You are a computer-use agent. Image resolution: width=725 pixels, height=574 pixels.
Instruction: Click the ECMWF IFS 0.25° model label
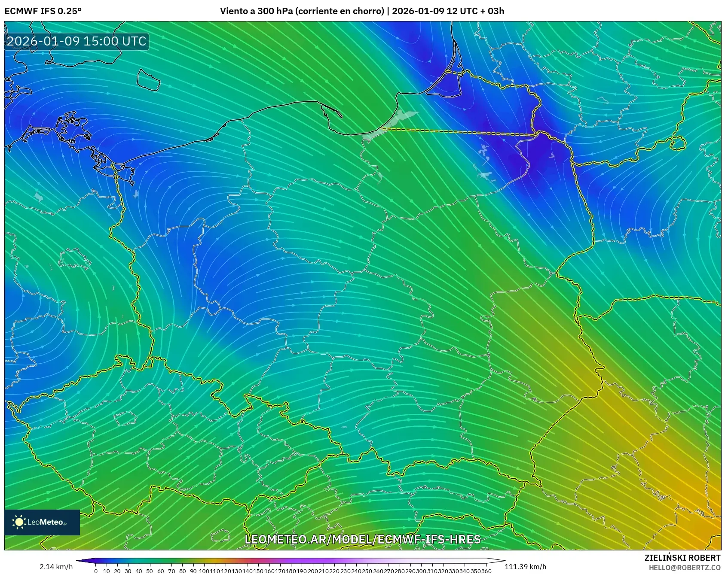[x=43, y=11]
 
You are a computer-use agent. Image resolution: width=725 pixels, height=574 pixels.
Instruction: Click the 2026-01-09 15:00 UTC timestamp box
[x=76, y=41]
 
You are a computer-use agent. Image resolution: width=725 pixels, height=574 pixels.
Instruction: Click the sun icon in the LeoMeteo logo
[x=19, y=522]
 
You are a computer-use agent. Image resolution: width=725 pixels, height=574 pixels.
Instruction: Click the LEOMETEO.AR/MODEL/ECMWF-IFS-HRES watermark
[x=362, y=539]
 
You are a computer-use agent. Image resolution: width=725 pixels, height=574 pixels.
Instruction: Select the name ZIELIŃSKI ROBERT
[x=682, y=558]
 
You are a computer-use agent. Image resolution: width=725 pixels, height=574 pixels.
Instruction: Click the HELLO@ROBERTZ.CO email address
[x=684, y=568]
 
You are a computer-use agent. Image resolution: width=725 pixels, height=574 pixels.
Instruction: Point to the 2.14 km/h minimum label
[x=56, y=567]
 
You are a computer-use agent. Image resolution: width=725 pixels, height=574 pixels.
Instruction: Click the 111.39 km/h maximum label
[x=525, y=567]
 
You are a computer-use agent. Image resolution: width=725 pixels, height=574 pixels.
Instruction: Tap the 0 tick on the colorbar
[x=96, y=571]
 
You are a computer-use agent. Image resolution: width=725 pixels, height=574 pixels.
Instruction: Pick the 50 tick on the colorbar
[x=150, y=571]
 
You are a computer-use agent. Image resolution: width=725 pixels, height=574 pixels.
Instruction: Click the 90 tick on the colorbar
[x=193, y=571]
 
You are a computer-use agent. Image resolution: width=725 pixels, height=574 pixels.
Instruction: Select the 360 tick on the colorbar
[x=486, y=571]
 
